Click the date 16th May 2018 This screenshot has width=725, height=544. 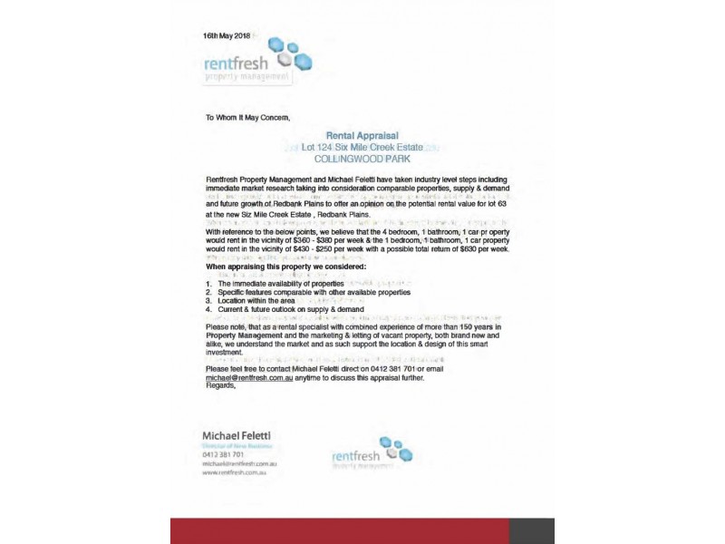pos(227,35)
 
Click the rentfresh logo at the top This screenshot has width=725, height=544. pos(258,62)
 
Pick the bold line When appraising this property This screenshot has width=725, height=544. pos(285,267)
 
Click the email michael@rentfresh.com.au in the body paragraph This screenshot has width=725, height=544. pos(249,377)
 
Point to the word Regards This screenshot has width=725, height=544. pos(220,385)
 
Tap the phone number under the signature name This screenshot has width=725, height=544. pos(225,454)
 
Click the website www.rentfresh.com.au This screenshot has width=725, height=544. pos(233,472)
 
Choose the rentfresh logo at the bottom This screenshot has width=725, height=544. pos(372,453)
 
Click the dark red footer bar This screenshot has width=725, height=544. pos(339,530)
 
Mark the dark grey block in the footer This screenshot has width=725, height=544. pos(531,530)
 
